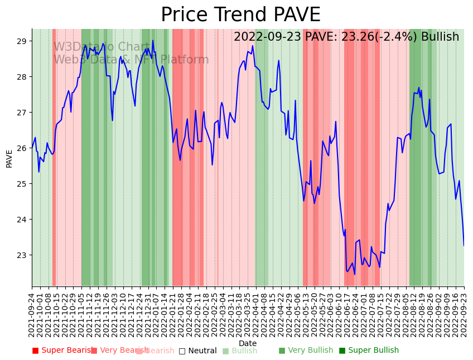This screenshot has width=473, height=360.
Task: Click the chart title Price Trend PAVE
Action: coord(240,15)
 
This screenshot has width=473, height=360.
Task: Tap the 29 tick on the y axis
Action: coord(22,41)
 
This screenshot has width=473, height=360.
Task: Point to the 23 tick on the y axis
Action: coord(22,255)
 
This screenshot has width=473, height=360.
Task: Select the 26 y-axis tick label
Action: coord(22,148)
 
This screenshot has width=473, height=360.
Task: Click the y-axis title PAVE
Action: coord(9,158)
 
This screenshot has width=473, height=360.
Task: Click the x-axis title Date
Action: coord(248,343)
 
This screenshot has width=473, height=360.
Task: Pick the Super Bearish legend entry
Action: coord(62,351)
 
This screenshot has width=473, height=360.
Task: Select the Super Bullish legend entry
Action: coord(369,351)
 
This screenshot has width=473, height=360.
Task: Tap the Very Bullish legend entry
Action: coord(306,351)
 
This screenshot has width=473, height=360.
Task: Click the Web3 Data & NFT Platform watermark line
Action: coord(131,60)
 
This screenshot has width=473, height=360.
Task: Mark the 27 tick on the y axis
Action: coord(22,113)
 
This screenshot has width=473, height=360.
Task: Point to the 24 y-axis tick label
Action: coord(22,220)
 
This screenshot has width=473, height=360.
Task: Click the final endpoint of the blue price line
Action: coord(464,245)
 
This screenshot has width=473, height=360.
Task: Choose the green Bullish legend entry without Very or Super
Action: coord(240,351)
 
